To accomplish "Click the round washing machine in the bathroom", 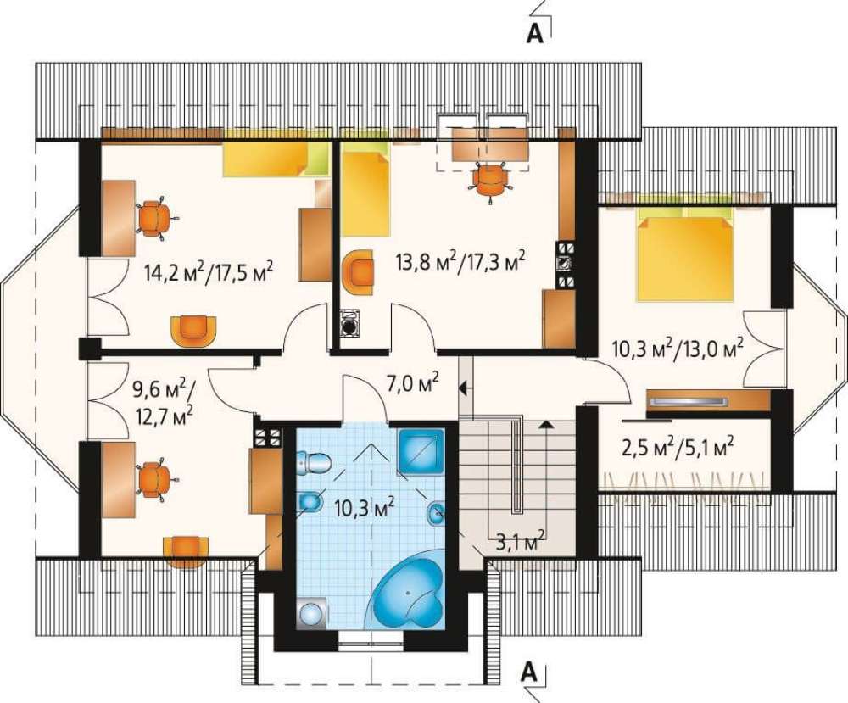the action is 311,613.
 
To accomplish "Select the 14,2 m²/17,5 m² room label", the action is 209,270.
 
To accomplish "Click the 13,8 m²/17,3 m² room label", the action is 460,262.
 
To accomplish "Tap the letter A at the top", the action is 535,33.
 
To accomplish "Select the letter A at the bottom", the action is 530,672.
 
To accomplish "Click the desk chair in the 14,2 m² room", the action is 155,218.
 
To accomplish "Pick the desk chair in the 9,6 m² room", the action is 155,479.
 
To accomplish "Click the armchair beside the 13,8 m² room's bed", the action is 357,272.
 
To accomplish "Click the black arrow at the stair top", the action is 546,425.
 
